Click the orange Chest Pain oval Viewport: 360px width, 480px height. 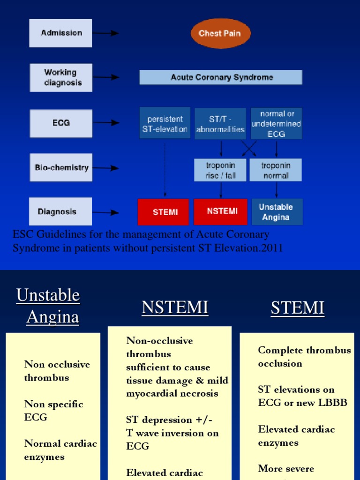point(221,33)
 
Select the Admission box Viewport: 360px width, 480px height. point(61,33)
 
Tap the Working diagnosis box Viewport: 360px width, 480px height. point(61,77)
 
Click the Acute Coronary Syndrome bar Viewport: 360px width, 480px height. point(221,77)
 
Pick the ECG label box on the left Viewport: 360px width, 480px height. point(61,123)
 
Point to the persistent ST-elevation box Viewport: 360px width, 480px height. point(165,123)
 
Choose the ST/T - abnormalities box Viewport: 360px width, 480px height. point(220,124)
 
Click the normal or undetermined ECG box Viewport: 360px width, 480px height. point(276,124)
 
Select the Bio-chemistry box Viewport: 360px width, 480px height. point(61,167)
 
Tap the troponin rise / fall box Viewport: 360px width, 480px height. point(221,170)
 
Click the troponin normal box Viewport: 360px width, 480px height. point(276,170)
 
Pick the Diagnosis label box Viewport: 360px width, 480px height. point(60,212)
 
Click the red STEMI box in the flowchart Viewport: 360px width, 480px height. point(165,212)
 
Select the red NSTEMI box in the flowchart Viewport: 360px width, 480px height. point(222,211)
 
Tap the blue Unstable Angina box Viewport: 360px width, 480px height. point(276,212)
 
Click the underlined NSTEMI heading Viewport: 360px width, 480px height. point(175,308)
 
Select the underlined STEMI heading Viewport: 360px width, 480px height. point(298,308)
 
